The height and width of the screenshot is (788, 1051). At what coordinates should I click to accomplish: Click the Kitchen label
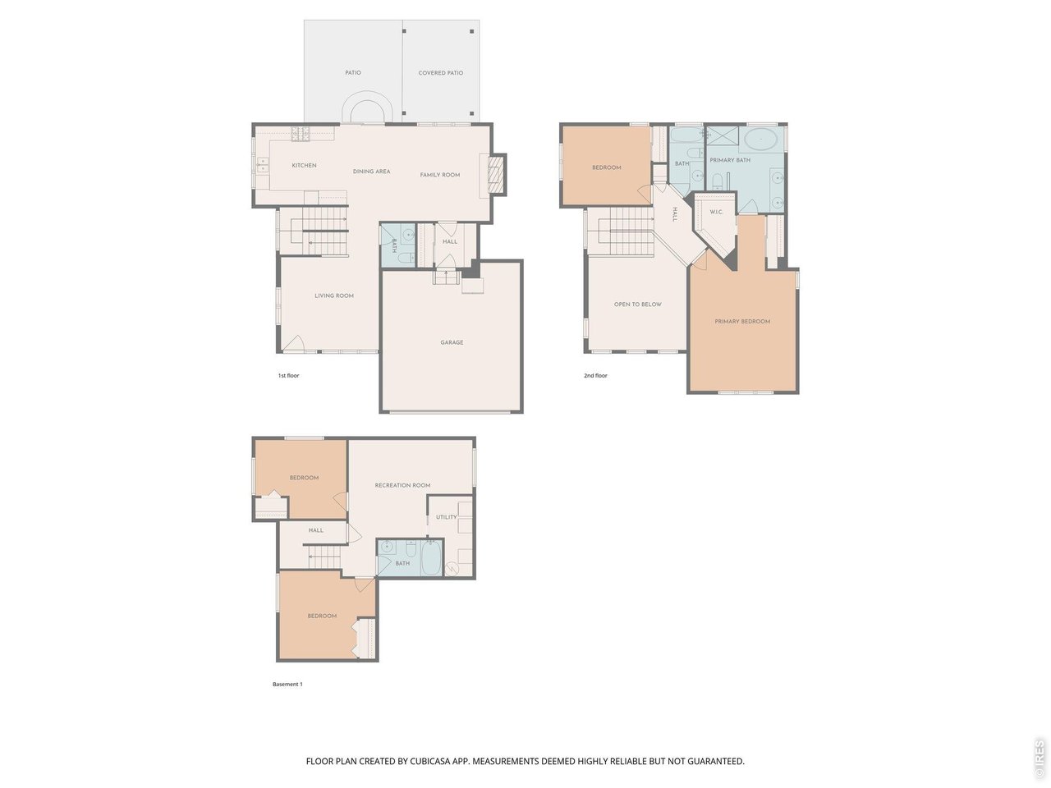(x=304, y=166)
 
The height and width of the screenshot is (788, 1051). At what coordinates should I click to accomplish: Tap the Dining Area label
(x=371, y=172)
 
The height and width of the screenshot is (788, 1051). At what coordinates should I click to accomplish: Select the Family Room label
(x=440, y=175)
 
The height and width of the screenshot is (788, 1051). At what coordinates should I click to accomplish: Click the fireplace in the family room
(x=495, y=174)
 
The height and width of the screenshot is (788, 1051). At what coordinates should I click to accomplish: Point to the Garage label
(x=452, y=342)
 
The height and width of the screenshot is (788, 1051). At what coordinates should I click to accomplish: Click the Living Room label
(x=334, y=295)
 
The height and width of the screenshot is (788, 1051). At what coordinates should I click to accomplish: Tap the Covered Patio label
(x=441, y=73)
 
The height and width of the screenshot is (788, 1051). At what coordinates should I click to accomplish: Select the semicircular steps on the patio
(x=364, y=109)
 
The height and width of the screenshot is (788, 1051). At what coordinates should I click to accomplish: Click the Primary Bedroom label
(x=742, y=322)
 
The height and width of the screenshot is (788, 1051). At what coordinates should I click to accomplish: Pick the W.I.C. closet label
(x=716, y=213)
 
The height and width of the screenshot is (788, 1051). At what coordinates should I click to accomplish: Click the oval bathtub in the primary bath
(x=764, y=140)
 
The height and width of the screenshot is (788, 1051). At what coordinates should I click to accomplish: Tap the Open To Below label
(x=638, y=305)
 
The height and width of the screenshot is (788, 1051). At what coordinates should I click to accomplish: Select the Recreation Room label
(x=402, y=486)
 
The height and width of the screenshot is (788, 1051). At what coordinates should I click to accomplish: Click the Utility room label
(x=447, y=517)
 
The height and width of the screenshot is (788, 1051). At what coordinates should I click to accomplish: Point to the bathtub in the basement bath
(x=429, y=557)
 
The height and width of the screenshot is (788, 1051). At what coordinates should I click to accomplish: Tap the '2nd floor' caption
(x=595, y=376)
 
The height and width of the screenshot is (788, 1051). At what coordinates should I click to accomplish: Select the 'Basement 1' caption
(x=287, y=684)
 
